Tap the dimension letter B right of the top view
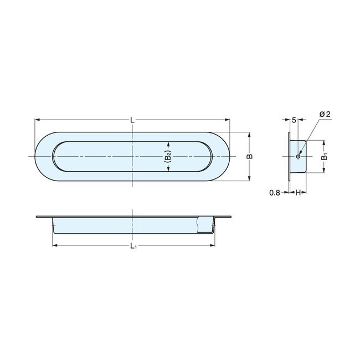pyautogui.click(x=250, y=157)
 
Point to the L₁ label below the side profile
pyautogui.click(x=133, y=248)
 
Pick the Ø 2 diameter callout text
pyautogui.click(x=325, y=114)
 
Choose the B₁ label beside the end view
pyautogui.click(x=325, y=157)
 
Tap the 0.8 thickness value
pyautogui.click(x=274, y=193)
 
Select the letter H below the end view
pyautogui.click(x=297, y=193)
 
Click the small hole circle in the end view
pyautogui.click(x=298, y=157)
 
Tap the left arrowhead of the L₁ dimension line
pyautogui.click(x=54, y=244)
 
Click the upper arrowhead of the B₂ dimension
pyautogui.click(x=168, y=143)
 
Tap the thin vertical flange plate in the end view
pyautogui.click(x=289, y=157)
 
